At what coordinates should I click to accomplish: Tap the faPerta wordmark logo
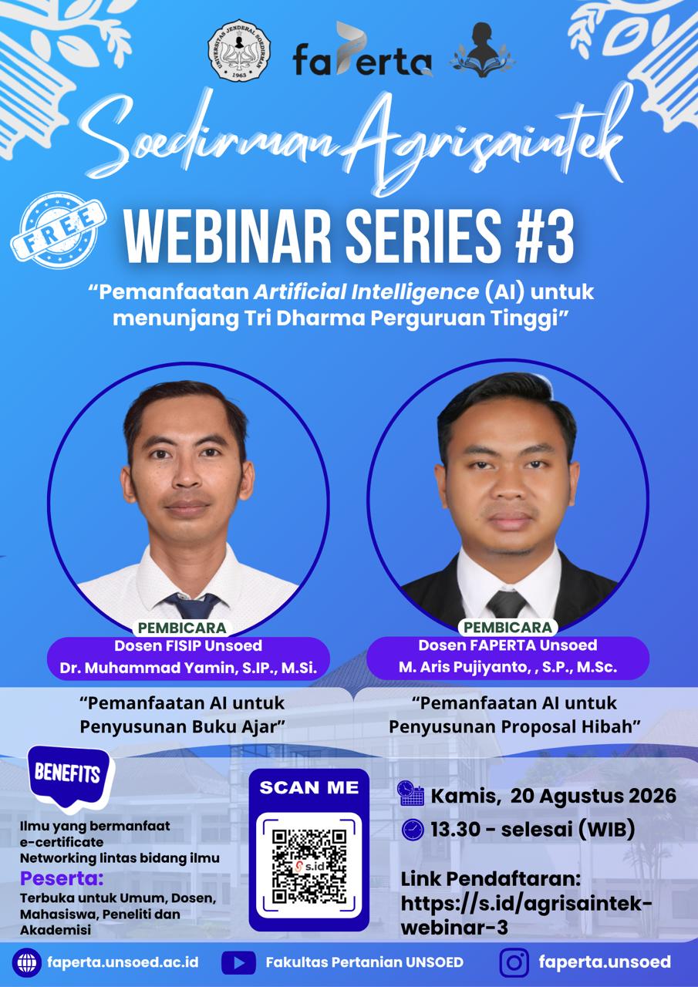point(362,51)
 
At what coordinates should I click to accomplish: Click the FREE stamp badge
point(59,230)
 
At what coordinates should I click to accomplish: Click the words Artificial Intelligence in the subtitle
point(366,292)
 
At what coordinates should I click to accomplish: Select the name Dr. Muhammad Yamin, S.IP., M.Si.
point(188,668)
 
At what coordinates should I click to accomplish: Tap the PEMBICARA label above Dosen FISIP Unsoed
point(182,628)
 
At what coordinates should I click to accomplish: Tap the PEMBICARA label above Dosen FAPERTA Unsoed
point(508,627)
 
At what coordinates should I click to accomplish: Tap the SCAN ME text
point(309,787)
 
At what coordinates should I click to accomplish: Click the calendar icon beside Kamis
point(410,793)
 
